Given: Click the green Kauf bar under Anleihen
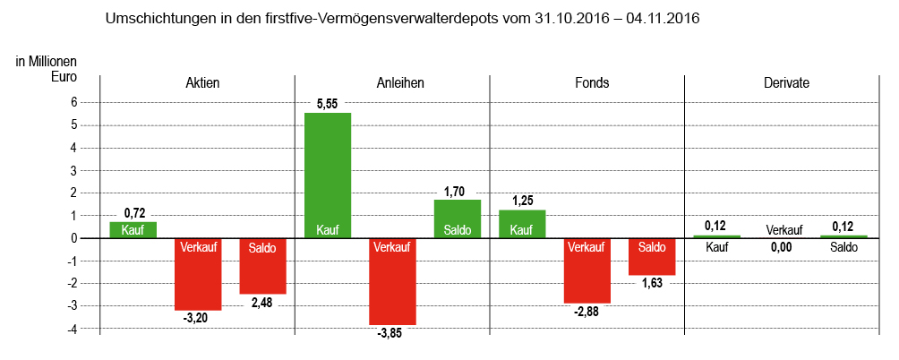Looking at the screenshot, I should [x=328, y=175].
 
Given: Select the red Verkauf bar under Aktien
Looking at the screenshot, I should [x=198, y=274].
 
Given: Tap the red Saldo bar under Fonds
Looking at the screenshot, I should [x=652, y=257].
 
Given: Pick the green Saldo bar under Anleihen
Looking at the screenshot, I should [x=458, y=219].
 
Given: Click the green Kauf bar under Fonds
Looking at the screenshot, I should [x=522, y=224].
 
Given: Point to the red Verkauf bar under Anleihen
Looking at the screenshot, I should [x=392, y=281].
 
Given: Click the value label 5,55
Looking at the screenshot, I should [x=328, y=104].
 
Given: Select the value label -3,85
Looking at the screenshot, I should [x=390, y=334].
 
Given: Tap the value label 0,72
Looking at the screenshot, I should [x=134, y=212].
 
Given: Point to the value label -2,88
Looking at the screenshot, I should [x=586, y=312].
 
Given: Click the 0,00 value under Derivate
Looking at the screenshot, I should [x=781, y=247].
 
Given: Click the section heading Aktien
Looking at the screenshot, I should [x=201, y=83].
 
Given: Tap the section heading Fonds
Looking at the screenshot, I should [x=591, y=83].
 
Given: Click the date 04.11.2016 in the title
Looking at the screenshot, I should [x=663, y=18].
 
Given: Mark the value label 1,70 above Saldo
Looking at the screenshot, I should [x=455, y=191].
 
